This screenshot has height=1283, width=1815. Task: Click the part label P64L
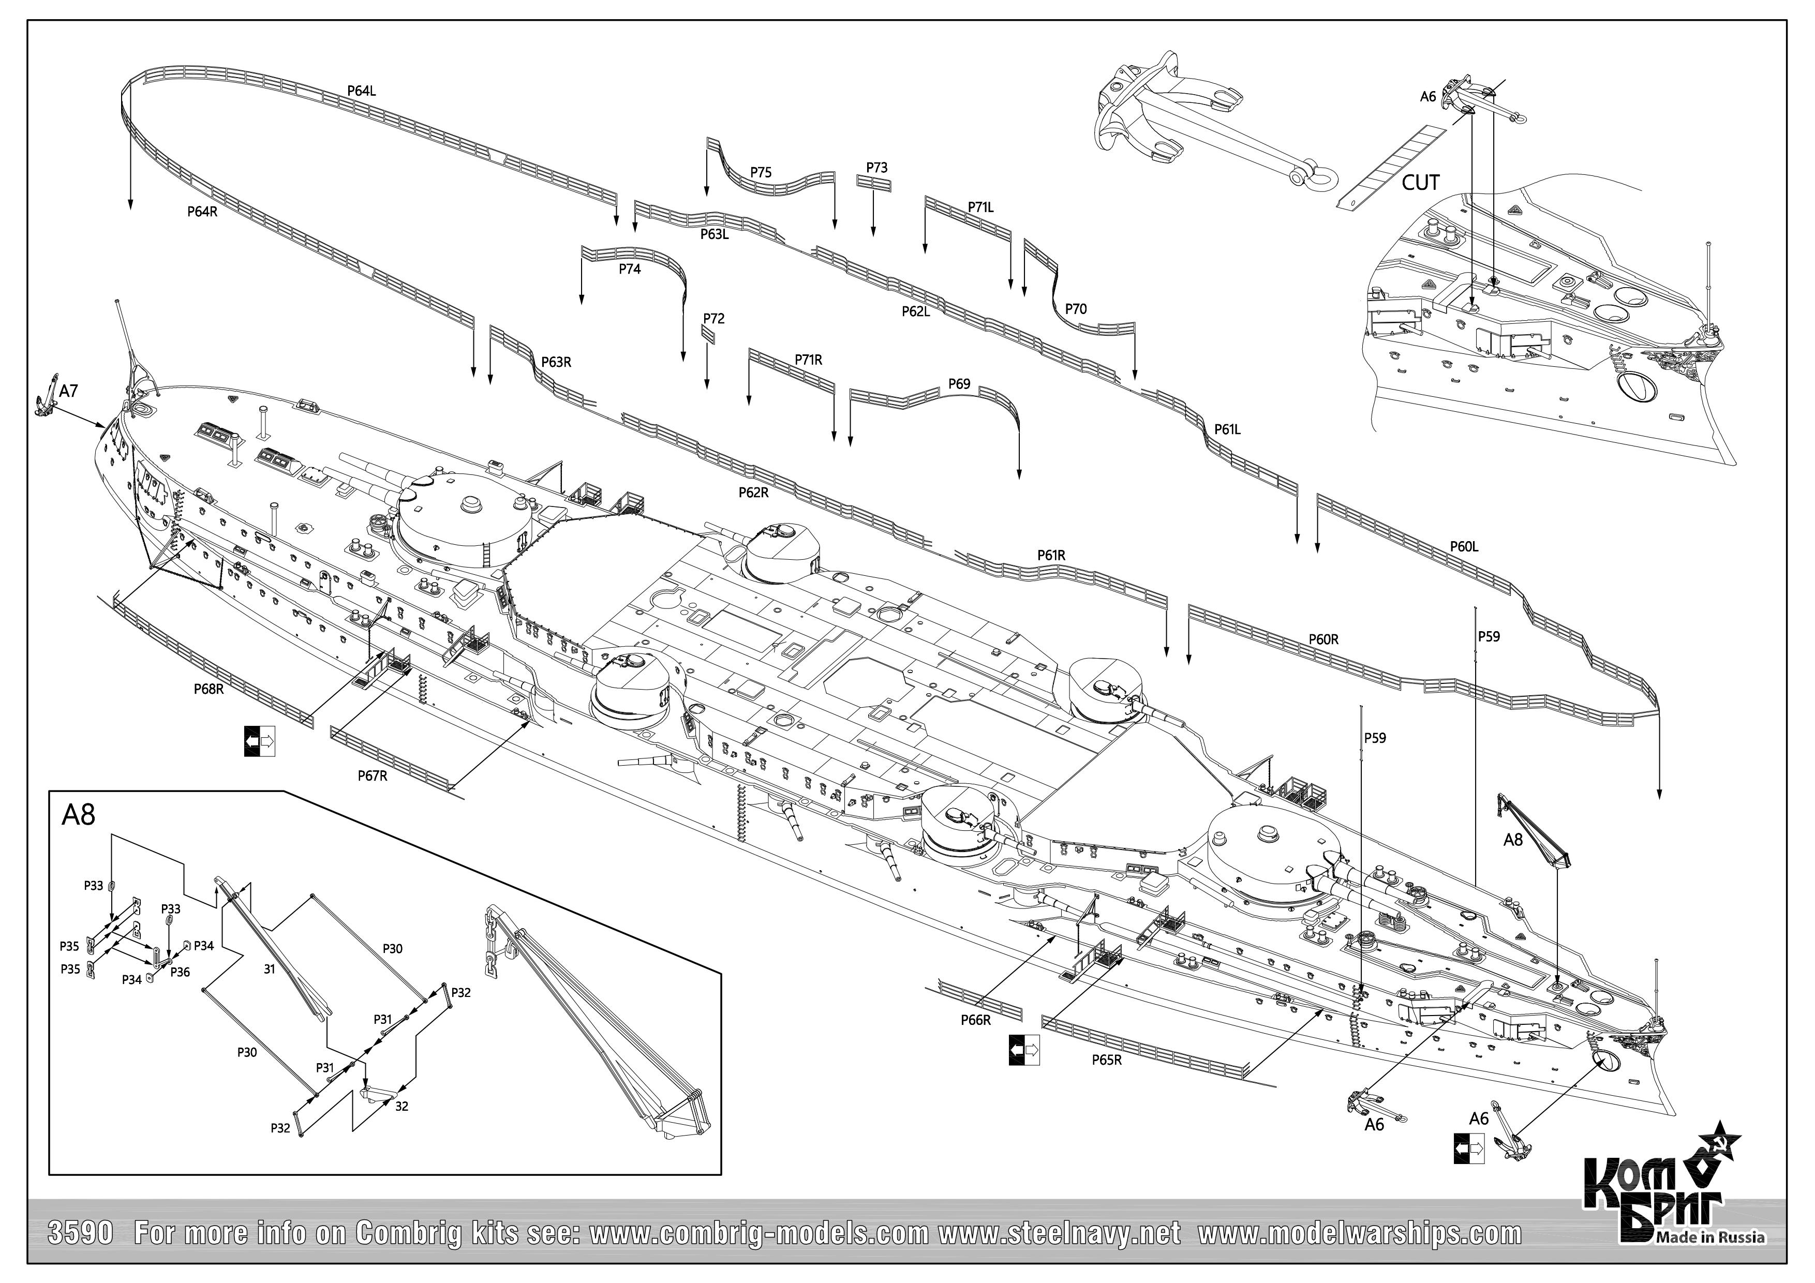361,91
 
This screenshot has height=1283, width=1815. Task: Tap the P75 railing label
761,172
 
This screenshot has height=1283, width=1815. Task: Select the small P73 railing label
876,168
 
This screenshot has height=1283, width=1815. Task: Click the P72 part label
713,319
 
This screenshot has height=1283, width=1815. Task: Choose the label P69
959,384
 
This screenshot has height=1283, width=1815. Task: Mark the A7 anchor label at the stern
69,391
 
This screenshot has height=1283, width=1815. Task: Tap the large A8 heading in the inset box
78,815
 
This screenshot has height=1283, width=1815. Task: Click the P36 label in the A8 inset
180,972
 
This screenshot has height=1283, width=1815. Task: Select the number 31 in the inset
270,968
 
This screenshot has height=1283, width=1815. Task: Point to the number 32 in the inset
401,1106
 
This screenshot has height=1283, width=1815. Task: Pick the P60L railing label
1464,546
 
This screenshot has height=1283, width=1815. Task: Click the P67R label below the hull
373,775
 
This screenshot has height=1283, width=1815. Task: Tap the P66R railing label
975,1020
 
